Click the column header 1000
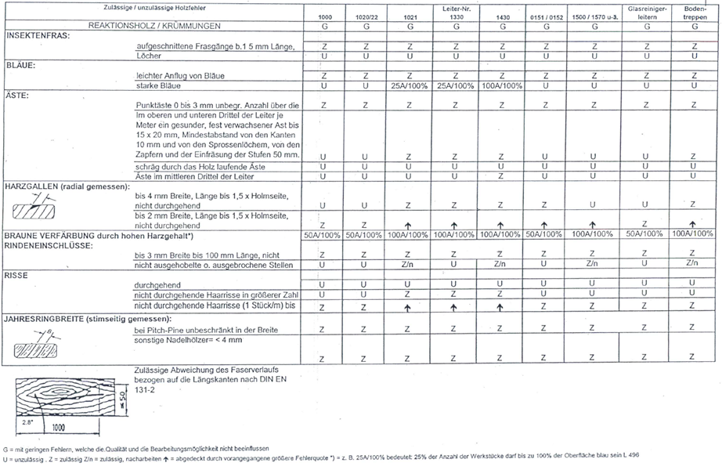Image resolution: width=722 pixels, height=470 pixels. tap(324, 16)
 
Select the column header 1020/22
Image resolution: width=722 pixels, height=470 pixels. tap(366, 16)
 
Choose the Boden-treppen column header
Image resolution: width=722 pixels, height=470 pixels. tap(695, 12)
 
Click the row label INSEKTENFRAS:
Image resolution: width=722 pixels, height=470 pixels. tap(38, 37)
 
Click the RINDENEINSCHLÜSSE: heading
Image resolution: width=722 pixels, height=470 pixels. tap(49, 244)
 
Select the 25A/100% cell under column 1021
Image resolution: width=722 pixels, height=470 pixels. tap(409, 85)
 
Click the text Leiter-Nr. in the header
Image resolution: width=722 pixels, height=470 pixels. tap(455, 7)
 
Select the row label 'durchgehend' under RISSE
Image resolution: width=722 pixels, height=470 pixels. tap(159, 284)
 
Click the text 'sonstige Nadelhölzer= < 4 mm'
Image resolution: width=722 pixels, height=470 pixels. tap(189, 341)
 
